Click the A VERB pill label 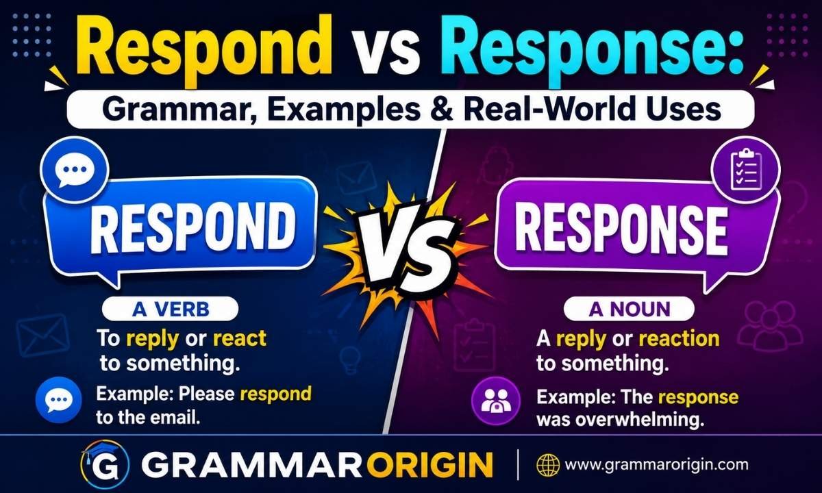click(x=171, y=309)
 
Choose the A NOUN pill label click(x=629, y=309)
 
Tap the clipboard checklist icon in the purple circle click(x=746, y=170)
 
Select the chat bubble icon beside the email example click(x=59, y=400)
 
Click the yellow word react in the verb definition click(x=240, y=338)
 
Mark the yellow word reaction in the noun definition click(x=680, y=338)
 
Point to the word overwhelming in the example click(x=640, y=420)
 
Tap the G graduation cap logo click(x=104, y=464)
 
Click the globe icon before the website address click(x=548, y=464)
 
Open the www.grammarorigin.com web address click(x=656, y=465)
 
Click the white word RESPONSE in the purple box click(x=621, y=229)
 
